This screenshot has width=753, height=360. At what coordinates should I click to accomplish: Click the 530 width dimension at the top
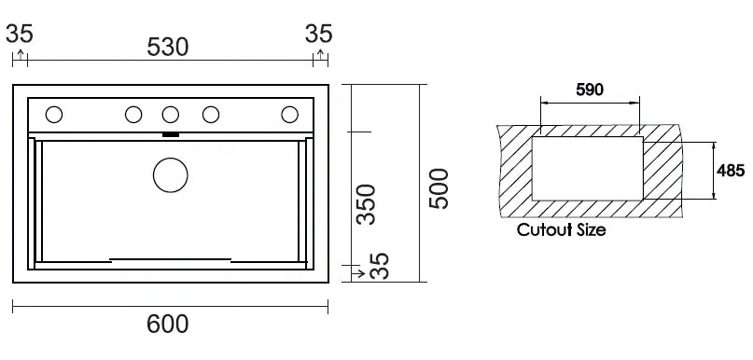tap(168, 47)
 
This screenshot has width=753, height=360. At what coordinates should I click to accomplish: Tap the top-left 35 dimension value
tap(20, 35)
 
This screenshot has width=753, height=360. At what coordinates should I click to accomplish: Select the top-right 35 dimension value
tap(319, 35)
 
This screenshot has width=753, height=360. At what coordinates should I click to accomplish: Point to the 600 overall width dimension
tap(168, 324)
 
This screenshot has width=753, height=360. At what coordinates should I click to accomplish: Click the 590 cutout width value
tap(590, 90)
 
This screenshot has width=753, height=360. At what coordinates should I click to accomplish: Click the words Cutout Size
tap(561, 230)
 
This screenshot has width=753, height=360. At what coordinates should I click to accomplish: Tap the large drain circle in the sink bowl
tap(170, 174)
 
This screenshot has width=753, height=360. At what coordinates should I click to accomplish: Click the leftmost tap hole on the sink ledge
tap(53, 115)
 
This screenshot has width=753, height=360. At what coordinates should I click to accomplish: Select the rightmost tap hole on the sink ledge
tap(290, 115)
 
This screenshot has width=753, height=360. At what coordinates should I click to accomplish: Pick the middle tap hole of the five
tap(170, 115)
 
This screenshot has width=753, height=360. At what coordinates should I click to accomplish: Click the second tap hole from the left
tap(133, 115)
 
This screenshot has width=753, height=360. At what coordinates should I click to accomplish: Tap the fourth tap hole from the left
tap(211, 115)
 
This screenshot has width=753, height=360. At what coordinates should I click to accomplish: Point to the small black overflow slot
tap(170, 135)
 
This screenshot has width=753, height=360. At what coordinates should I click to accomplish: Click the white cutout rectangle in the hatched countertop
tap(587, 168)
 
